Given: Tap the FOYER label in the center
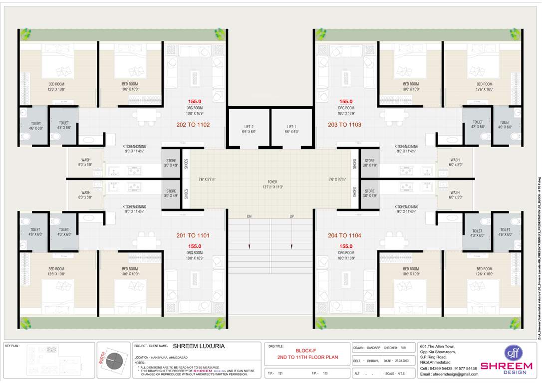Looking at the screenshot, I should click(x=272, y=182).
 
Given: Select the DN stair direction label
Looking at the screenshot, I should click(x=249, y=216).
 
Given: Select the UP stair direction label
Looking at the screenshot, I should click(x=292, y=216).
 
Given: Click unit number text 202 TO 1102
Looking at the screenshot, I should click(x=193, y=125).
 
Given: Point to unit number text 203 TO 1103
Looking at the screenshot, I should click(x=344, y=125).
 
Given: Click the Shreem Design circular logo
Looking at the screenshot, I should click(x=512, y=353).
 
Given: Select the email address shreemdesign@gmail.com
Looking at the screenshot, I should click(x=449, y=374).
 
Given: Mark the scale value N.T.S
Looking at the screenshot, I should click(x=401, y=374).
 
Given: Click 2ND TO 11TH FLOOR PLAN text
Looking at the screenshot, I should click(x=307, y=358).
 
